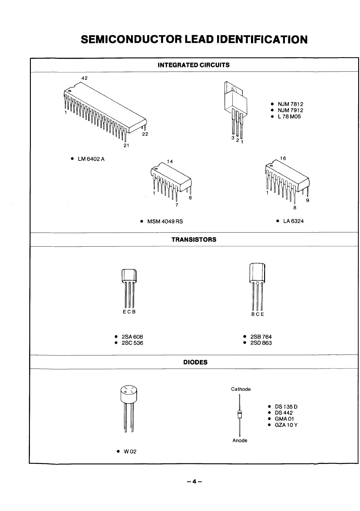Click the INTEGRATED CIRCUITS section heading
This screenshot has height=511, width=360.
pos(194,65)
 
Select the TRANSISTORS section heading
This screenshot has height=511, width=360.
pos(194,240)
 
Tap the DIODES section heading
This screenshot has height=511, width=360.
pos(195,362)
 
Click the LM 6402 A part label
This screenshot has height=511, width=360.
pos(91,159)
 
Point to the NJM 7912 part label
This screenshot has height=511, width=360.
pos(290,110)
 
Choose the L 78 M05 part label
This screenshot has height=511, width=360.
pos(289,116)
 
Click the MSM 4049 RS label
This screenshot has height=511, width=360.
pos(165,221)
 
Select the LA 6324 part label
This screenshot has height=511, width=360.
pos(293,221)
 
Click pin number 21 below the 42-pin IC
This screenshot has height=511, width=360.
pos(126,145)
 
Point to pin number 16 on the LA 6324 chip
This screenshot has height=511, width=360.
pos(283,158)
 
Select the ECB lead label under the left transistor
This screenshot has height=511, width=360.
pos(129,312)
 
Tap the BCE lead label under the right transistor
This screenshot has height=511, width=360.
pos(257,314)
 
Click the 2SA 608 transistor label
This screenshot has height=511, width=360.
pos(132,337)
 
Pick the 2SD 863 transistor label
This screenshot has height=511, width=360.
pos(261,343)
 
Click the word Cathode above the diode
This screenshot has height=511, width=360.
pos(241,389)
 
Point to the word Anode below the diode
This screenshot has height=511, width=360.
pos(240,440)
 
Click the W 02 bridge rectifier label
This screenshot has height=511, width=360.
pos(130,451)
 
